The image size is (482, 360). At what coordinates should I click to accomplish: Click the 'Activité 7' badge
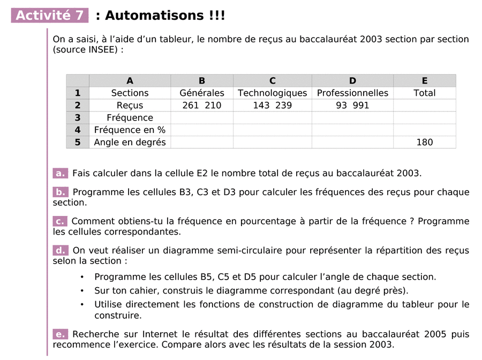(50, 16)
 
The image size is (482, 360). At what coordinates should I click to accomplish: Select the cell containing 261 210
(202, 106)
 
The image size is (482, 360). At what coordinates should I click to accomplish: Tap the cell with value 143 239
(272, 106)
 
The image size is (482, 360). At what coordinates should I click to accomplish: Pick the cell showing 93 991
(352, 106)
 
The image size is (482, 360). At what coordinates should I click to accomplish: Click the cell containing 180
(424, 142)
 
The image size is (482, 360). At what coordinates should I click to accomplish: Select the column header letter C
(272, 81)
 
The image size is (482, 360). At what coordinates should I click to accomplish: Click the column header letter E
(424, 81)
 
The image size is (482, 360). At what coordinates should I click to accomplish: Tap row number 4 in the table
(78, 130)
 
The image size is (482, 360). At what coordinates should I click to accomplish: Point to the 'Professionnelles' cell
(352, 93)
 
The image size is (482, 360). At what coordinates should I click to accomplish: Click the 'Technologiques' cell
(272, 93)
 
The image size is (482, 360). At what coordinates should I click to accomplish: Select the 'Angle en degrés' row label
(130, 142)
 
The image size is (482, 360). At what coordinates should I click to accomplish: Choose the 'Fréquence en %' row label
(130, 130)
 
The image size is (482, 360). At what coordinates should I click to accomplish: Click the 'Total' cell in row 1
(424, 93)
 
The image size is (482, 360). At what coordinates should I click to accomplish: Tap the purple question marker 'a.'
(60, 173)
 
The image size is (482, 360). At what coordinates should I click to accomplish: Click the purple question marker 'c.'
(60, 221)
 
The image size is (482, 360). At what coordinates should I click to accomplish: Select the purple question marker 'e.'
(60, 334)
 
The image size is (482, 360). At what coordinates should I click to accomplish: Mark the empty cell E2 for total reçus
(424, 106)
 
